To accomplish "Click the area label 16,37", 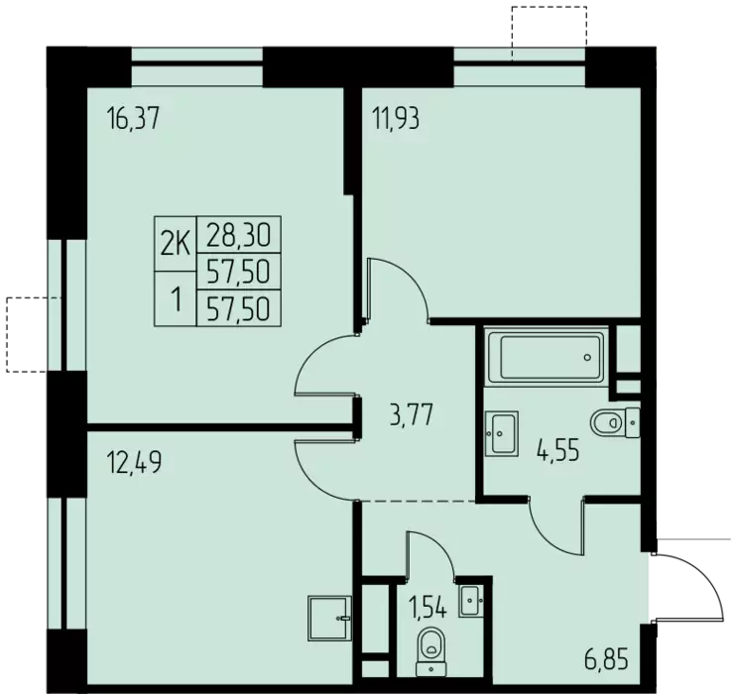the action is [133, 118].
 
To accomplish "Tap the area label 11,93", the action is [396, 118].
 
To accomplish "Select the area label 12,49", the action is [134, 462].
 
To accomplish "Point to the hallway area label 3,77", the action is [412, 415].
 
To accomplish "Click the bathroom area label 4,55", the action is [557, 451].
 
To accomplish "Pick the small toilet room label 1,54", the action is [427, 608].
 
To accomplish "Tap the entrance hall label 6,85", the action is [606, 660].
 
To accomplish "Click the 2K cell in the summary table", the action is [176, 244].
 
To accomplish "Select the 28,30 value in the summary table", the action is [238, 234].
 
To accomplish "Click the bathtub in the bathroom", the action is [547, 357].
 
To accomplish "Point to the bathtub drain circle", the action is [587, 358].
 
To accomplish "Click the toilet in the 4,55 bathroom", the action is [615, 422].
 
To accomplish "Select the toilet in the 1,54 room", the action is [430, 652].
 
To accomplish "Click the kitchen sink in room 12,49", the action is [329, 618].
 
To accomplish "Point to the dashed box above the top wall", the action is [549, 33].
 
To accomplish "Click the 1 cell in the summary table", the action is [176, 298].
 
